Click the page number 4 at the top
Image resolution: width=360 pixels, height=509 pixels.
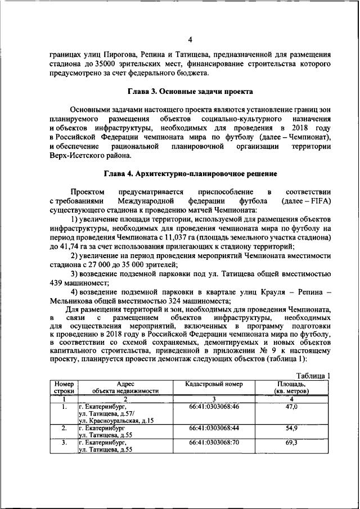tap(190, 39)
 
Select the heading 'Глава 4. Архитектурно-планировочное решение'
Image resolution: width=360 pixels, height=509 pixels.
tap(188, 173)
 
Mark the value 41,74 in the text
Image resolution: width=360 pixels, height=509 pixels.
tap(73, 247)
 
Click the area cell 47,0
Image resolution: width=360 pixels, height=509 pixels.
tap(291, 407)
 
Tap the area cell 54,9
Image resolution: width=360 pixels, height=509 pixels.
tap(291, 428)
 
